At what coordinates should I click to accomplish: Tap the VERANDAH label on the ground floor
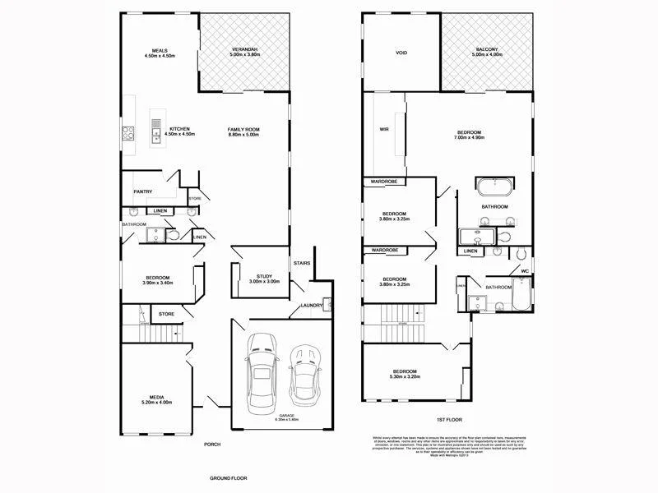[244, 50]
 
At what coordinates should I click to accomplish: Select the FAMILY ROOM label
[243, 130]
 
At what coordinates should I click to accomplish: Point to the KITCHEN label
[180, 129]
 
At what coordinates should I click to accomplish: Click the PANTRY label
[143, 191]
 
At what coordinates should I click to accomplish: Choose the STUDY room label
[264, 276]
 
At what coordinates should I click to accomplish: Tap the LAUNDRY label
[311, 306]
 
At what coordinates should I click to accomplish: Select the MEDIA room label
[157, 397]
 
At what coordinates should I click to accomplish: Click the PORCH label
[212, 445]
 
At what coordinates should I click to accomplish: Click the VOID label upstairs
[401, 53]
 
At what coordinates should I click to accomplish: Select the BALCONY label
[485, 50]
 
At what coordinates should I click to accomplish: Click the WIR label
[384, 130]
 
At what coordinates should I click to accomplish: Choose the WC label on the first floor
[524, 271]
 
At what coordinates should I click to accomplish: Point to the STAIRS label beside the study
[300, 263]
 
